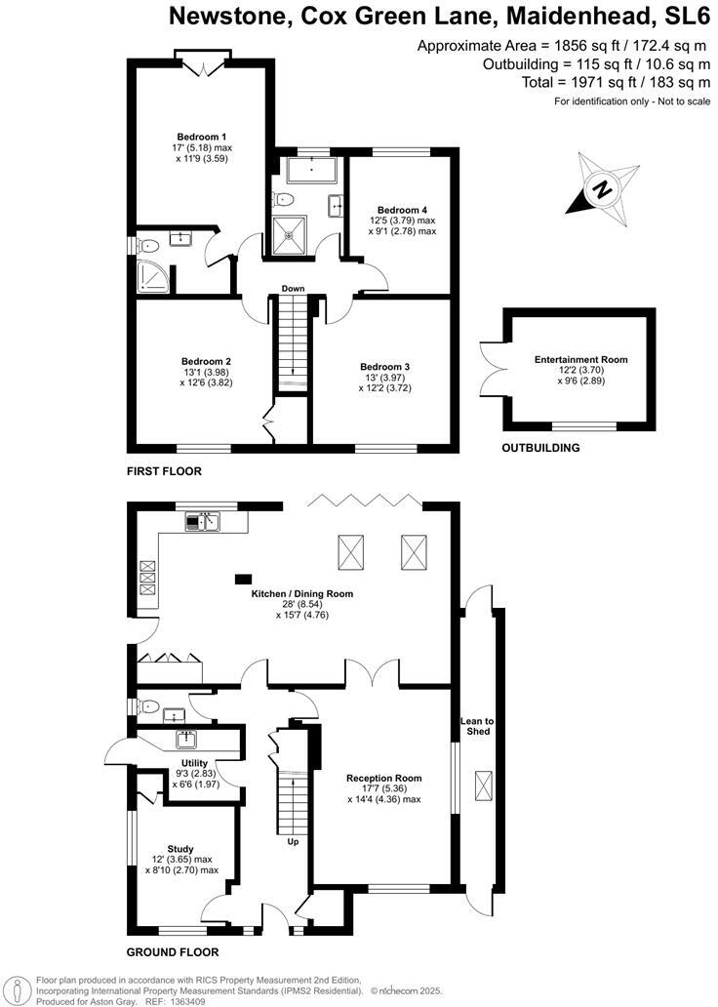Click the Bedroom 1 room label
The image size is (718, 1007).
[204, 136]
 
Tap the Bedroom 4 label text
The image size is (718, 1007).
[402, 210]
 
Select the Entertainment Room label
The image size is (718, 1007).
[580, 360]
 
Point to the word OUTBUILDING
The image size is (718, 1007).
[540, 448]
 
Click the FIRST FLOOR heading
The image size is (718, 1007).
[164, 471]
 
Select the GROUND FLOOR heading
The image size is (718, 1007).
[172, 952]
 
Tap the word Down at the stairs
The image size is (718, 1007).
[293, 289]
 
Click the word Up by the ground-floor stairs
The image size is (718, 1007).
[293, 841]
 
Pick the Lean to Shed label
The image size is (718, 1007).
[477, 726]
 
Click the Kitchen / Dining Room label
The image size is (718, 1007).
[301, 593]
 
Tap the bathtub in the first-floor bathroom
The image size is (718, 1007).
[312, 173]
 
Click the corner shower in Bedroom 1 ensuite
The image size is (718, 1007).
[150, 278]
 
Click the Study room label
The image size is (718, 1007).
[179, 849]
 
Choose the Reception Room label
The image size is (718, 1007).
[383, 779]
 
